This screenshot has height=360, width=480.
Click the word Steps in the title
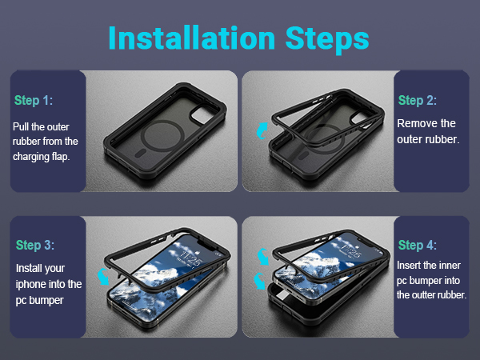pos(327,40)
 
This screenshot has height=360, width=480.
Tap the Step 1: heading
pos(34,101)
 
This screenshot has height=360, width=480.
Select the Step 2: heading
pos(418,101)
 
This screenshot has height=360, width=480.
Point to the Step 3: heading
pos(35,245)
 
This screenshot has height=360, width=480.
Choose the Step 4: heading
pos(418,245)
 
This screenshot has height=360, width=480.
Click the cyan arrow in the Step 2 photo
pos(262,131)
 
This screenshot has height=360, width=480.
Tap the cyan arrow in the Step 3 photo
pos(103,277)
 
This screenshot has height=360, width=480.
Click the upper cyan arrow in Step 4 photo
pos(262,257)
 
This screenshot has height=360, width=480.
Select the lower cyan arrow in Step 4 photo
pos(259,282)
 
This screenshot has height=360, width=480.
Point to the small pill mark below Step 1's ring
pos(140,154)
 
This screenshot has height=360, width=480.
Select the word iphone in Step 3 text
pos(30,284)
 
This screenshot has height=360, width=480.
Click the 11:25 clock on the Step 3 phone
pos(190,258)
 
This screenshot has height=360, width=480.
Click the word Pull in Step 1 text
pos(21,126)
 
